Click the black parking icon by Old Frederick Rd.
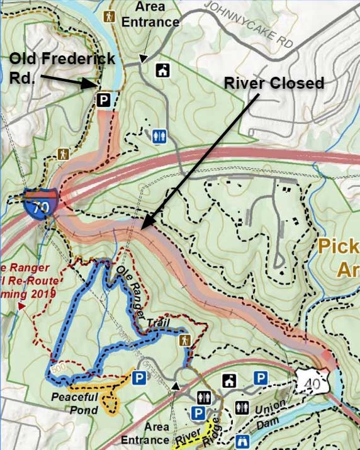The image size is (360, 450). pyautogui.click(x=103, y=99)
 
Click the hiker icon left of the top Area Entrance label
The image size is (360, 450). pyautogui.click(x=110, y=16)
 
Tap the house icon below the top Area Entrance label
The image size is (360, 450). pyautogui.click(x=163, y=70)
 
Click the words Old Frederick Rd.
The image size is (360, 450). pyautogui.click(x=62, y=67)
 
